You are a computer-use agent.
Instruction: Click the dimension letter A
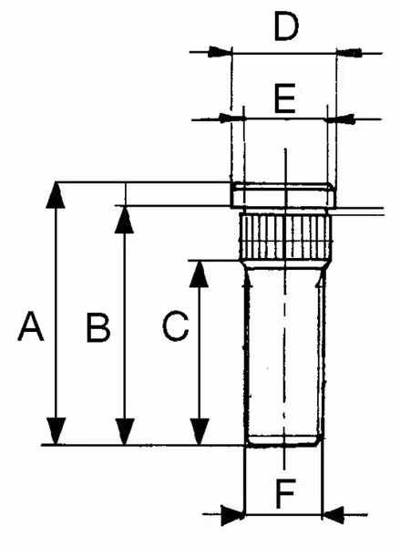click(x=31, y=326)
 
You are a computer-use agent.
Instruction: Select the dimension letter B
click(x=98, y=327)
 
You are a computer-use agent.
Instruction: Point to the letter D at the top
click(x=286, y=26)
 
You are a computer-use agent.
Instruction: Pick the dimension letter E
click(x=285, y=98)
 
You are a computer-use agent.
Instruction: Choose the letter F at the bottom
click(x=285, y=493)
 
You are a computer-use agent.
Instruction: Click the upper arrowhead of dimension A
click(x=56, y=195)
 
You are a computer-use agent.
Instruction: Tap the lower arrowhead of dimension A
click(x=56, y=431)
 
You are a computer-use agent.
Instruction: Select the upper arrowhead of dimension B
click(x=125, y=220)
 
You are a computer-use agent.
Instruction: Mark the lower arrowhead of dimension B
click(x=125, y=432)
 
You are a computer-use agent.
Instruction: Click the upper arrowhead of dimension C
click(x=199, y=274)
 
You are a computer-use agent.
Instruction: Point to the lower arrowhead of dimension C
click(x=200, y=432)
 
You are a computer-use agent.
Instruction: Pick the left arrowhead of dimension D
click(x=221, y=52)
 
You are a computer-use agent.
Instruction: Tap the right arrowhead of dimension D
click(x=349, y=52)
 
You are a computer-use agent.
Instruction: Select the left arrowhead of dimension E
click(x=231, y=119)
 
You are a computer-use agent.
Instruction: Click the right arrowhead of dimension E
click(x=339, y=119)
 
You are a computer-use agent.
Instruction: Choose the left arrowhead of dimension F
click(x=233, y=514)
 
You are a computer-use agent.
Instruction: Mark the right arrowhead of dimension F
click(x=333, y=514)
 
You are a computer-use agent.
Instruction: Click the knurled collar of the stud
click(x=285, y=236)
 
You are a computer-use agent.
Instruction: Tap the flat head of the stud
click(x=283, y=195)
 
